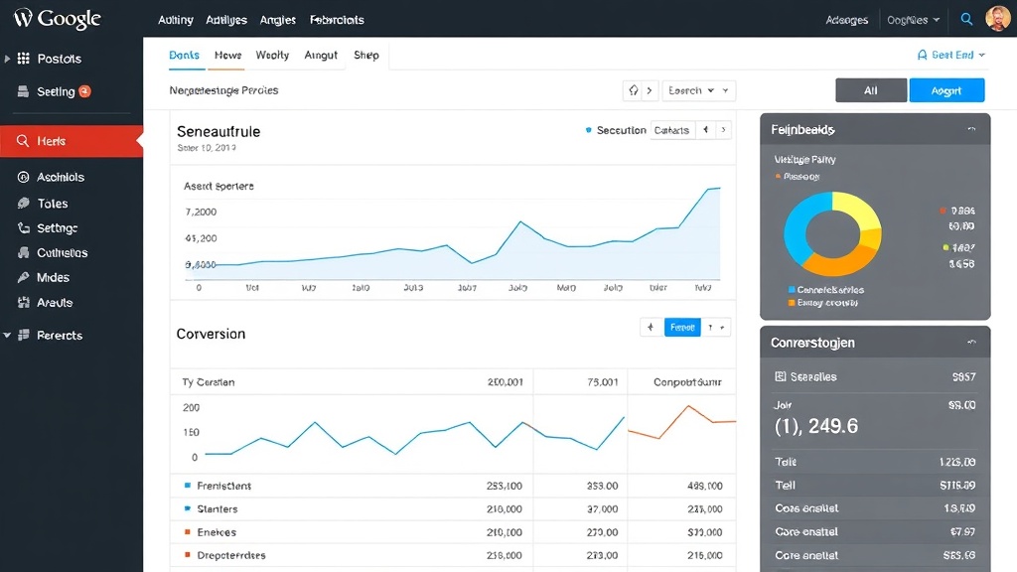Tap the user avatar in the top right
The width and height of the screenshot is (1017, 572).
point(997,19)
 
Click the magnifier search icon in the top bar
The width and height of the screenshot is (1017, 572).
point(966,19)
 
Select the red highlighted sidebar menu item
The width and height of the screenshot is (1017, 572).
point(72,142)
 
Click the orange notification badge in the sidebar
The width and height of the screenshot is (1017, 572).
point(84,91)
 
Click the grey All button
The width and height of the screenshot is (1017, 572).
point(871,90)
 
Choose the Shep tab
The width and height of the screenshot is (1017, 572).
point(366,56)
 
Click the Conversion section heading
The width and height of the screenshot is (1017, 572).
point(211,334)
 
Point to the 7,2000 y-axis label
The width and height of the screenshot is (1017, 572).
point(202,213)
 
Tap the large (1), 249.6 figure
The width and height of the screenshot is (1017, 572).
point(815,427)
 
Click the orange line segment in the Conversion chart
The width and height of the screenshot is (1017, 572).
point(685,417)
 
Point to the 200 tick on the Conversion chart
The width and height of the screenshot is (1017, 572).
point(191,408)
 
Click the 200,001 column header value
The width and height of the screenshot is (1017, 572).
point(505,382)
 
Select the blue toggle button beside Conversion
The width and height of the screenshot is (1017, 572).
point(682,327)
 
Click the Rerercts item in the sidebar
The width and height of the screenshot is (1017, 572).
point(60,336)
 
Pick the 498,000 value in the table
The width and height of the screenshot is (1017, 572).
point(704,487)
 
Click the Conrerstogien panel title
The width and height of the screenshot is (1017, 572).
point(812,343)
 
